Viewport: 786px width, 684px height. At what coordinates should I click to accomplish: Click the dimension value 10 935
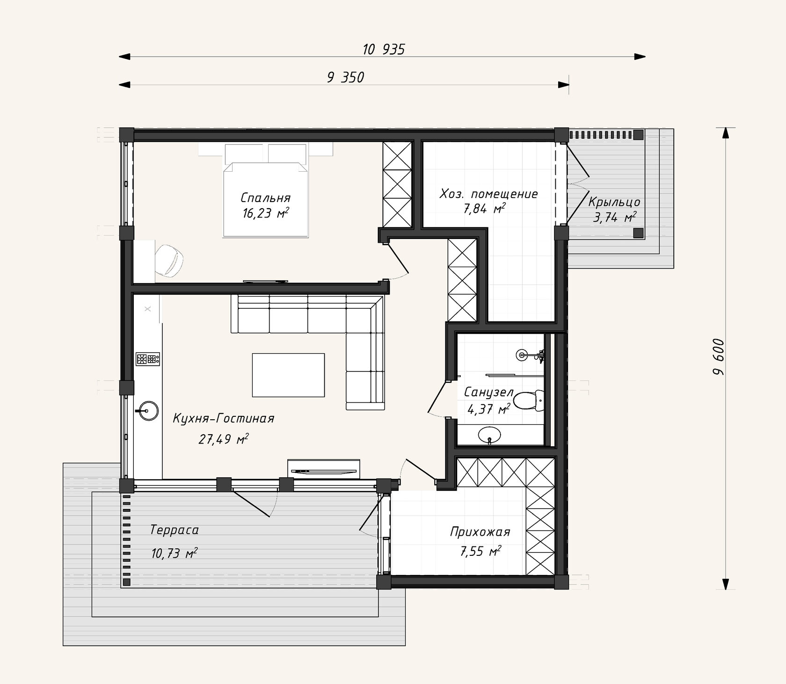pyautogui.click(x=383, y=49)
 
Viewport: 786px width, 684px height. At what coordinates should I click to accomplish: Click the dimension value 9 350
pyautogui.click(x=345, y=77)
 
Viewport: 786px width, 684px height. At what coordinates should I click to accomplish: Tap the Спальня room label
pyautogui.click(x=265, y=197)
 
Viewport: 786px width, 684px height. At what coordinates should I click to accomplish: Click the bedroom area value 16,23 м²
pyautogui.click(x=265, y=213)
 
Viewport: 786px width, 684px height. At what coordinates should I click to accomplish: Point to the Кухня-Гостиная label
pyautogui.click(x=224, y=418)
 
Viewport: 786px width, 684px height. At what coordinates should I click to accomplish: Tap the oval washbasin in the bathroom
pyautogui.click(x=490, y=435)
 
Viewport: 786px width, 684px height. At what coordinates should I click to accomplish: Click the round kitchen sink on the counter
pyautogui.click(x=147, y=411)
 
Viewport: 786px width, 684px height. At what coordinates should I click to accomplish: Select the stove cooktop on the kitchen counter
pyautogui.click(x=148, y=359)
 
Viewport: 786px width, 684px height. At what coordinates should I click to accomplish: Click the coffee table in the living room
pyautogui.click(x=288, y=375)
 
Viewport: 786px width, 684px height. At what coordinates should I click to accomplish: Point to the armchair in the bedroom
pyautogui.click(x=169, y=260)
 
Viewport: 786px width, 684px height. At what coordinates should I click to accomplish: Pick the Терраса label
pyautogui.click(x=175, y=530)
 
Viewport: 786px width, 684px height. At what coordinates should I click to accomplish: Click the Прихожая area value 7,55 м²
pyautogui.click(x=480, y=552)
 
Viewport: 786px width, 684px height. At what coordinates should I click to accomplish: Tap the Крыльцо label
pyautogui.click(x=614, y=202)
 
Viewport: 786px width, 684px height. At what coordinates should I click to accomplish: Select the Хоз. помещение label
pyautogui.click(x=488, y=194)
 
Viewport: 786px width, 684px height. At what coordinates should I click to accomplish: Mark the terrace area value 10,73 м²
pyautogui.click(x=174, y=553)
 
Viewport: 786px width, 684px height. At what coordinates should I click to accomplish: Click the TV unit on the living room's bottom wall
pyautogui.click(x=323, y=469)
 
